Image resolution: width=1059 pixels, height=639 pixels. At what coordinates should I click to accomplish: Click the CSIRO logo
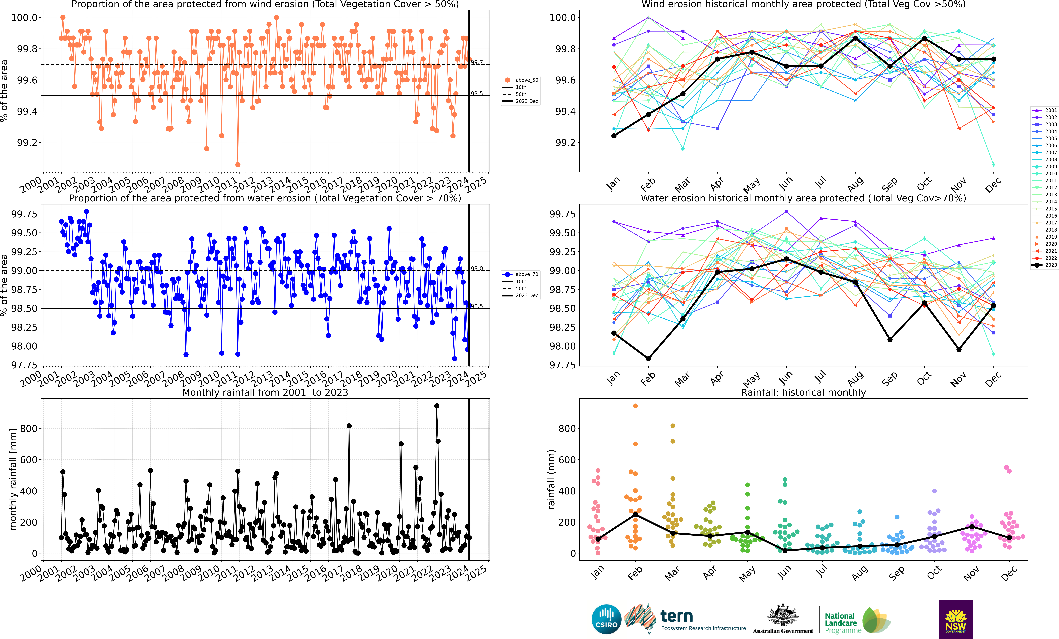coord(606,619)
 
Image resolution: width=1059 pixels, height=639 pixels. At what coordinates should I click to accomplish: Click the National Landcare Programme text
coord(842,623)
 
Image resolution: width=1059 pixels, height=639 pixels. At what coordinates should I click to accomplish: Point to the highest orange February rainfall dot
coord(635,406)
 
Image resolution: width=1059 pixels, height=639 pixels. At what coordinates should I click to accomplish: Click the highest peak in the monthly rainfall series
coord(437,406)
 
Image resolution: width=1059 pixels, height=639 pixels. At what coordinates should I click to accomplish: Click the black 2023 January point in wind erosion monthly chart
coord(614,136)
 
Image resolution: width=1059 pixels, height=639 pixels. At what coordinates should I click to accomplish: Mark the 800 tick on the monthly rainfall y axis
coord(29,428)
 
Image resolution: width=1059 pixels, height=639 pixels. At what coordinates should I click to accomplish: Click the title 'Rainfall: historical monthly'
coord(803,392)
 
